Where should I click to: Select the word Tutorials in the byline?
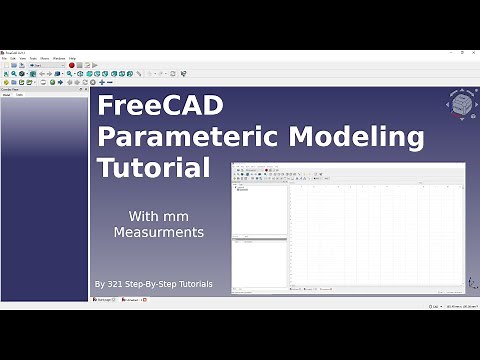click(191, 284)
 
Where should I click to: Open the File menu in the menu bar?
click(5, 58)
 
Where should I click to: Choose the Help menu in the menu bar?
click(73, 58)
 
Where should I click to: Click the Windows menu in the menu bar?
click(59, 58)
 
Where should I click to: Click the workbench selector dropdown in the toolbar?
click(47, 65)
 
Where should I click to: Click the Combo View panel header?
click(12, 89)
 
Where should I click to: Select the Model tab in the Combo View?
click(7, 95)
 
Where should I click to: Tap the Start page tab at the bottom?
click(103, 299)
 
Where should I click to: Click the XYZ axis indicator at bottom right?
click(471, 283)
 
